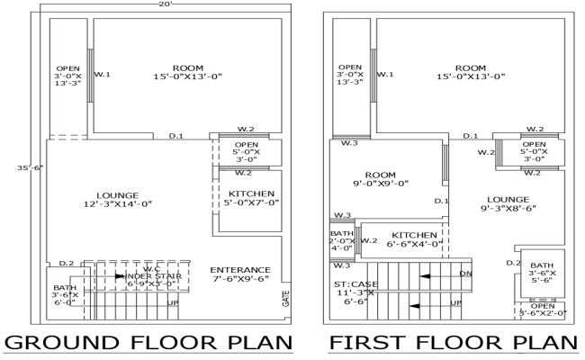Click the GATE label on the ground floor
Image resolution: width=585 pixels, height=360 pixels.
(x=286, y=298)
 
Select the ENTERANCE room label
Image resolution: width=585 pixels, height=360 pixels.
(x=239, y=274)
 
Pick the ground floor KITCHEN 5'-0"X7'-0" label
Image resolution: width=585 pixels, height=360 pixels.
(x=245, y=199)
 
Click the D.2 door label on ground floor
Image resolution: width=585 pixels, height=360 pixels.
(x=66, y=263)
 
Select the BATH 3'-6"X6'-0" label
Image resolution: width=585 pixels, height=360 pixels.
(x=66, y=295)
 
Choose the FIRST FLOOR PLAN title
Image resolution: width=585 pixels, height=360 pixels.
(x=453, y=344)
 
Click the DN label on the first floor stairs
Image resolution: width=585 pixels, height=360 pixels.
(x=465, y=273)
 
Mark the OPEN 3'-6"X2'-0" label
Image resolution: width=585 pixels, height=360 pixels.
(x=541, y=309)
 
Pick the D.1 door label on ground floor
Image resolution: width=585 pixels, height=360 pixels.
(x=176, y=136)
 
